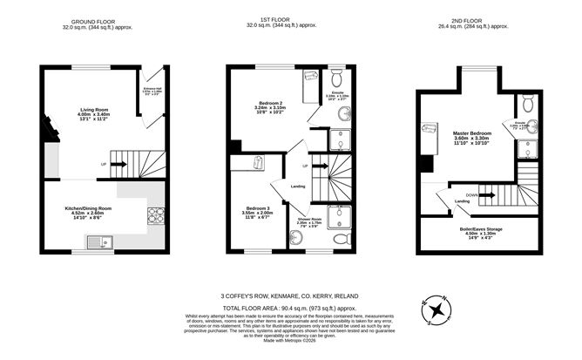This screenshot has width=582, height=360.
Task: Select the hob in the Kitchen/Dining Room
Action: (157, 214)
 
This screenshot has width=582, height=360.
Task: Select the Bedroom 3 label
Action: (256, 211)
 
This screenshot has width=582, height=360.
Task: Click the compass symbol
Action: (433, 309)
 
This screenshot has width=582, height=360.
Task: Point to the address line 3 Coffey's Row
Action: (290, 296)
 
